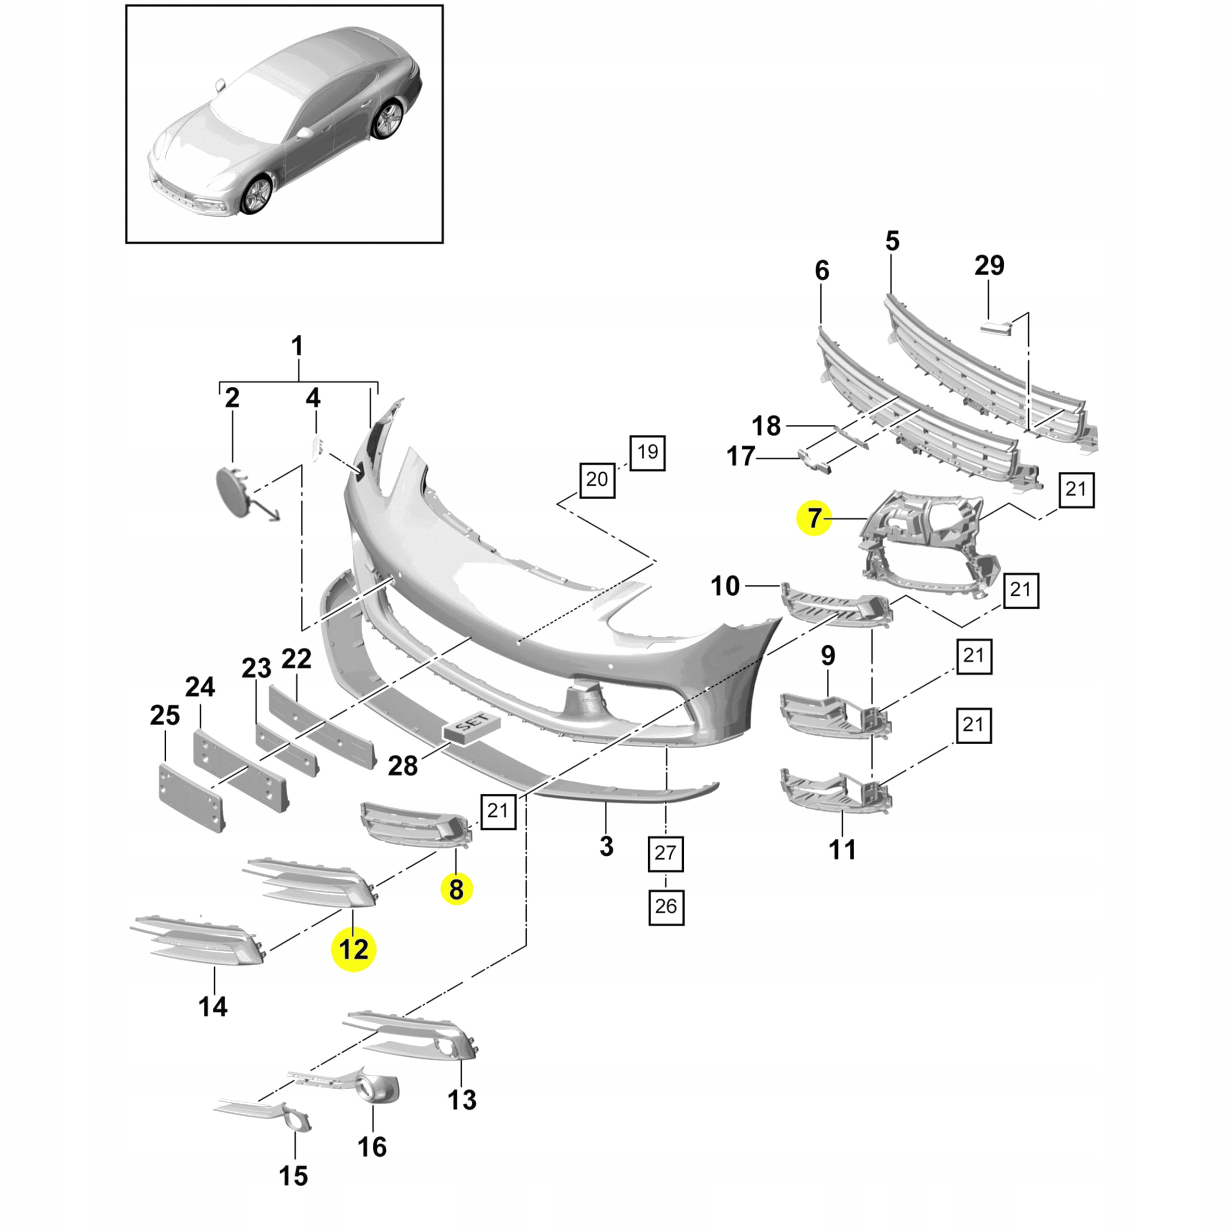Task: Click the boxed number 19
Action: pyautogui.click(x=648, y=453)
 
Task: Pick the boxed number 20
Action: pyautogui.click(x=597, y=480)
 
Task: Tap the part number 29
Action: pyautogui.click(x=989, y=266)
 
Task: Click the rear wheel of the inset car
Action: pyautogui.click(x=388, y=119)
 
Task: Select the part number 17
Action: pyautogui.click(x=740, y=456)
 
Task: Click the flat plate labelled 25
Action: pyautogui.click(x=191, y=799)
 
